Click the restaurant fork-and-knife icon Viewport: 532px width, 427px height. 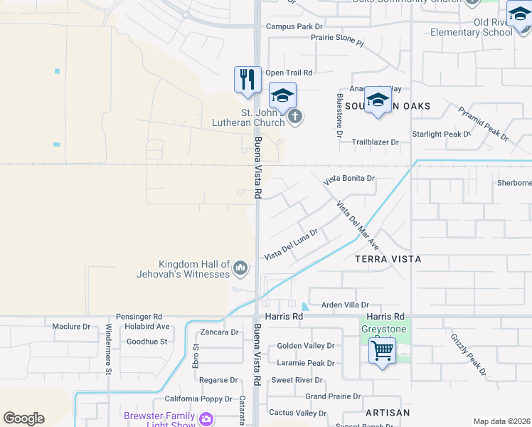(x=248, y=79)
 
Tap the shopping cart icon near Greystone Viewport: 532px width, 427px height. (x=383, y=351)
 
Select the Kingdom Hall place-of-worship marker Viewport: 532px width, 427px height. (x=240, y=268)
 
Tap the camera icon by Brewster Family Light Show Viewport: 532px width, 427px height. (x=206, y=419)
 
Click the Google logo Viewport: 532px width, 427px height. (x=23, y=418)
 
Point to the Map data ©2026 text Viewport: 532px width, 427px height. (x=502, y=421)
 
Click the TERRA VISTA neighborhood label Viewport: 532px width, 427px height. (x=388, y=259)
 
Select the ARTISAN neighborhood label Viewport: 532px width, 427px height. (x=388, y=413)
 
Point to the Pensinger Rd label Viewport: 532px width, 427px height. (x=139, y=316)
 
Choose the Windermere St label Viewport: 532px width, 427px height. (x=109, y=349)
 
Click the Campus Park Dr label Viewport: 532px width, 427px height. (x=294, y=27)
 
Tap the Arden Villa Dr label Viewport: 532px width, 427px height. (x=345, y=304)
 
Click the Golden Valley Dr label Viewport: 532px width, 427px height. (x=305, y=346)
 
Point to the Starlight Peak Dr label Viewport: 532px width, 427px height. (x=441, y=134)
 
